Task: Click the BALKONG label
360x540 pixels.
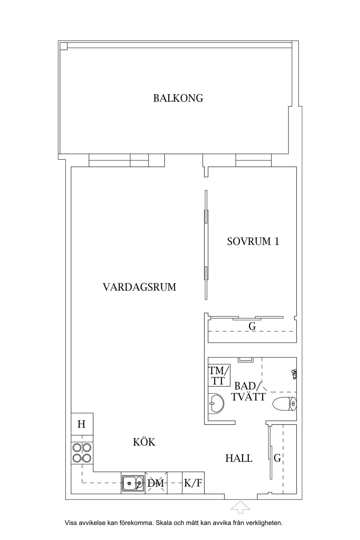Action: click(x=178, y=98)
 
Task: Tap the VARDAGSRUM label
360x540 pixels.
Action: click(x=139, y=287)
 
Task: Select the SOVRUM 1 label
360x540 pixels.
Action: click(x=253, y=241)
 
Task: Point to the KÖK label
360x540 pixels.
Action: click(x=144, y=442)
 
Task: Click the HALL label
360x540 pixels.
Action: click(x=239, y=458)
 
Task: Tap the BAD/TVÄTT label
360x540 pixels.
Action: click(x=248, y=391)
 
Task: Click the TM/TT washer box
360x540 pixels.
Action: click(x=219, y=376)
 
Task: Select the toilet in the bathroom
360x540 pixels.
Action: click(x=285, y=404)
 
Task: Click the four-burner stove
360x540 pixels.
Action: click(x=82, y=453)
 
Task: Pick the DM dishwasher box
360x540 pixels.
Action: click(x=156, y=483)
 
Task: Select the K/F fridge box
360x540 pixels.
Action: click(x=193, y=483)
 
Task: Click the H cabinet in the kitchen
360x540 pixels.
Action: click(x=82, y=424)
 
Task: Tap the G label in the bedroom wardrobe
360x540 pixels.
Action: click(x=252, y=327)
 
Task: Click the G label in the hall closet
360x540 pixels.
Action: click(x=277, y=458)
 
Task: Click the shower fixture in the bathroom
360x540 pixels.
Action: click(x=294, y=373)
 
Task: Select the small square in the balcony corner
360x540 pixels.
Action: click(x=64, y=46)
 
